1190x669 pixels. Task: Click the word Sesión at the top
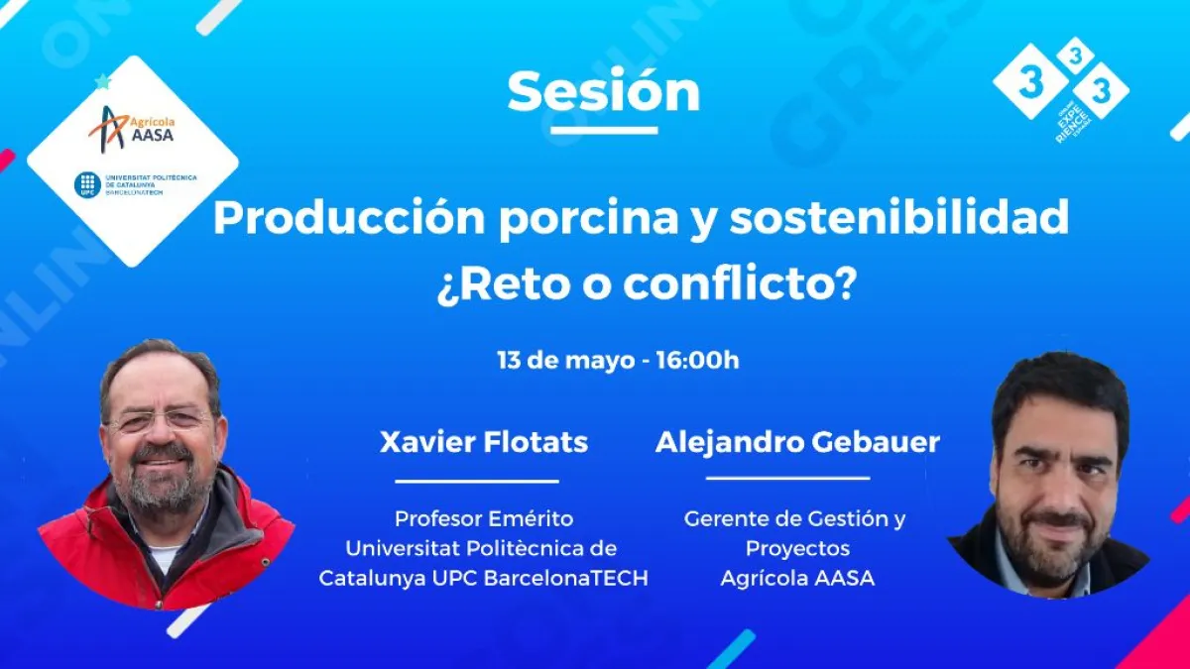click(604, 91)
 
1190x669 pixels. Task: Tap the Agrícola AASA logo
click(132, 129)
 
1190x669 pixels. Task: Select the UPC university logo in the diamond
click(136, 184)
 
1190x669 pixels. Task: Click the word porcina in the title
click(589, 219)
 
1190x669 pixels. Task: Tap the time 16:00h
click(697, 360)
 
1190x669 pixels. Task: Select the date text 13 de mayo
click(566, 361)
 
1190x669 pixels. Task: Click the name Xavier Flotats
click(484, 442)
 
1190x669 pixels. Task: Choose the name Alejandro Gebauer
click(797, 442)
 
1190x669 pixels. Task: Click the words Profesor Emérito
click(484, 518)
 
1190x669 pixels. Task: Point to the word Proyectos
click(797, 548)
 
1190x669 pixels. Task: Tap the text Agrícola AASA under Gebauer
click(797, 578)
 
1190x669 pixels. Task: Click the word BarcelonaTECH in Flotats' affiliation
click(566, 578)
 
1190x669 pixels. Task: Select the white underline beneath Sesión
click(604, 130)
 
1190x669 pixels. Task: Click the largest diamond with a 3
click(1030, 81)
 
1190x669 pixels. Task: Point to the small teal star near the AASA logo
click(102, 81)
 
